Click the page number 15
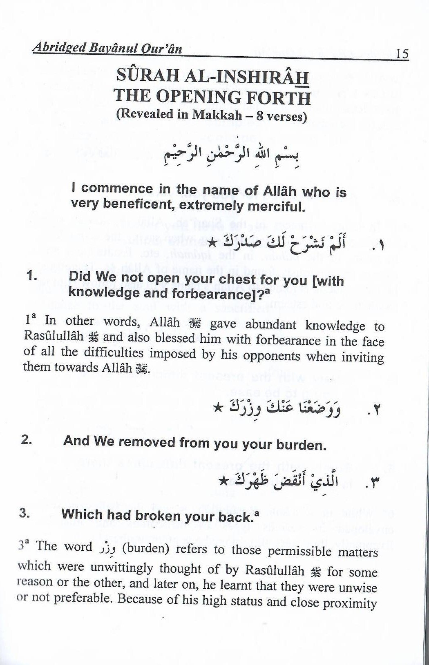402,53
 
